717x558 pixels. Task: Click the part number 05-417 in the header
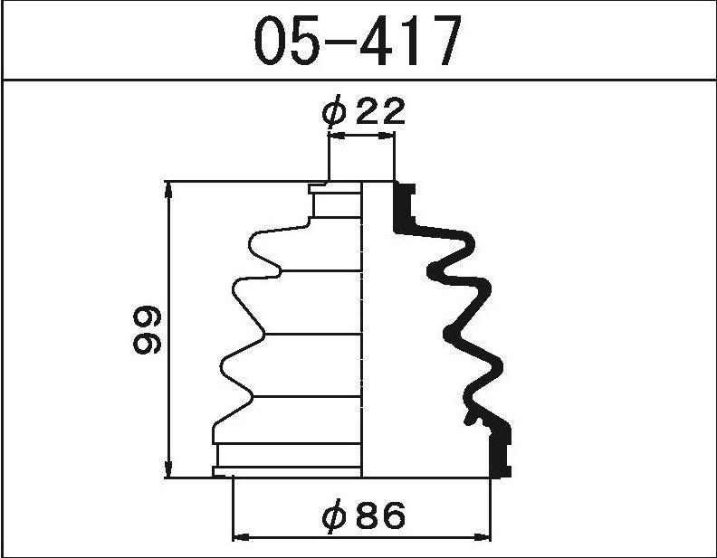357,40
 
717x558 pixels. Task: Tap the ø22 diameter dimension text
364,110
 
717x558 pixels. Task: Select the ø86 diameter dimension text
364,516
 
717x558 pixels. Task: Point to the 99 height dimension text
148,330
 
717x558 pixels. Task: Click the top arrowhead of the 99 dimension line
168,189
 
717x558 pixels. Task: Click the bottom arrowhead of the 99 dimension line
168,470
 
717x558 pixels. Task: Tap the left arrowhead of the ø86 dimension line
241,536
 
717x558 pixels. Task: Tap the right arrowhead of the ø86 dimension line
482,536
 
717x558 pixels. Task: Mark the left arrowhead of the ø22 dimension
337,135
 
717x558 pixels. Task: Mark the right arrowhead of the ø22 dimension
386,135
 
